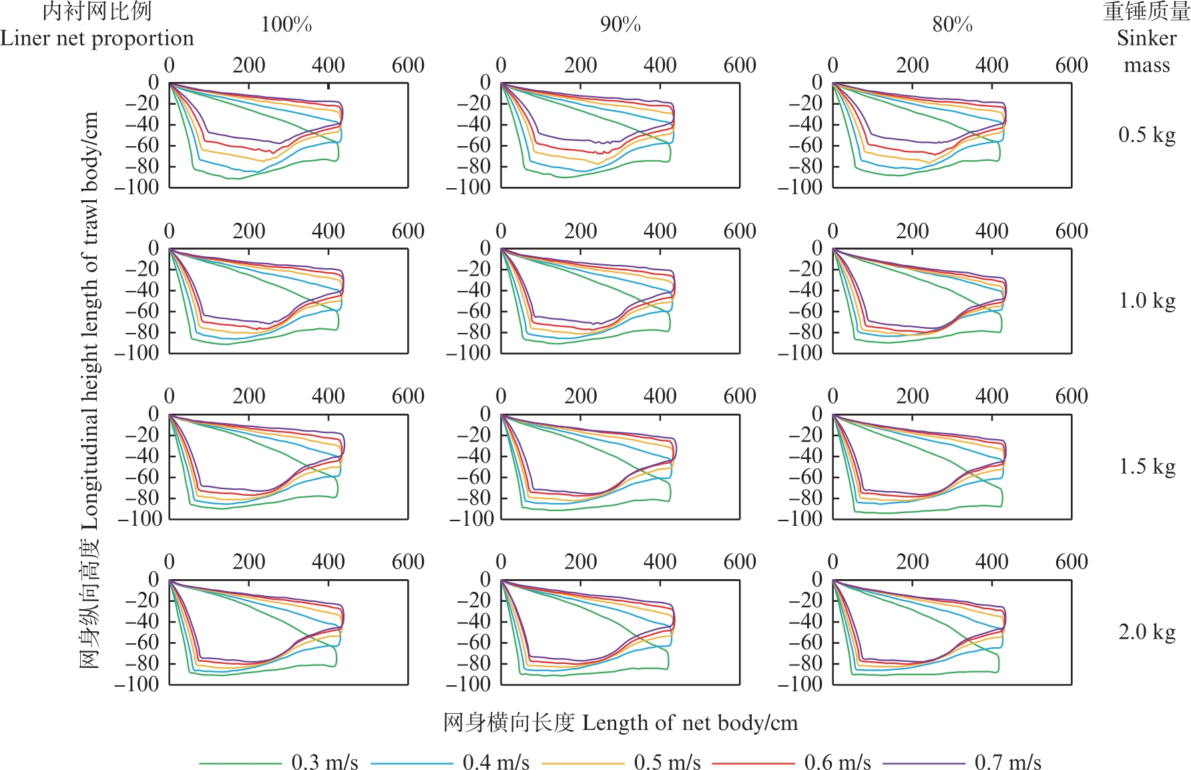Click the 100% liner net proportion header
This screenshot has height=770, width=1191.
(x=286, y=25)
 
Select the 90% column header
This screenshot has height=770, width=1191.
(x=620, y=25)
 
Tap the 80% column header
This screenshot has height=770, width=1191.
(x=952, y=25)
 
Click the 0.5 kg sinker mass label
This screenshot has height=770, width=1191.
(x=1146, y=135)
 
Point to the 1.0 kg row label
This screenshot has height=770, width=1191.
(x=1146, y=301)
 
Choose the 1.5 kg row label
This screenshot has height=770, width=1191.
(x=1146, y=466)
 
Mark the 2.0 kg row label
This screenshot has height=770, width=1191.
(x=1146, y=632)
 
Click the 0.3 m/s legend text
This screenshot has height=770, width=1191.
(x=324, y=762)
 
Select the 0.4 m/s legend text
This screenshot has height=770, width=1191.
(x=495, y=762)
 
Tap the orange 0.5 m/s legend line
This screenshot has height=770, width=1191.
(x=583, y=763)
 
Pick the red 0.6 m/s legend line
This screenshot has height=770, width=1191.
(x=754, y=763)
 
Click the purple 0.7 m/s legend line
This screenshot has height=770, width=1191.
(x=924, y=763)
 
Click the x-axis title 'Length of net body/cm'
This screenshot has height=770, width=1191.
(x=690, y=723)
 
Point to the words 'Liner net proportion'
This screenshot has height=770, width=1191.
(x=97, y=38)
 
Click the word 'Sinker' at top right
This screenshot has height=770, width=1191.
(x=1146, y=38)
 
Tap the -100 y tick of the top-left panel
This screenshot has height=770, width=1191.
(x=137, y=187)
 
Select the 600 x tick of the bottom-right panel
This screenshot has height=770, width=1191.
(x=1071, y=562)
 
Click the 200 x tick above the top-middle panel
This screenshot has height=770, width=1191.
(x=580, y=65)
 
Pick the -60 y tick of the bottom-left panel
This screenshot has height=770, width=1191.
(x=142, y=643)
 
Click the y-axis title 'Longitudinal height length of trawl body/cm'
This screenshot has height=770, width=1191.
(x=89, y=320)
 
